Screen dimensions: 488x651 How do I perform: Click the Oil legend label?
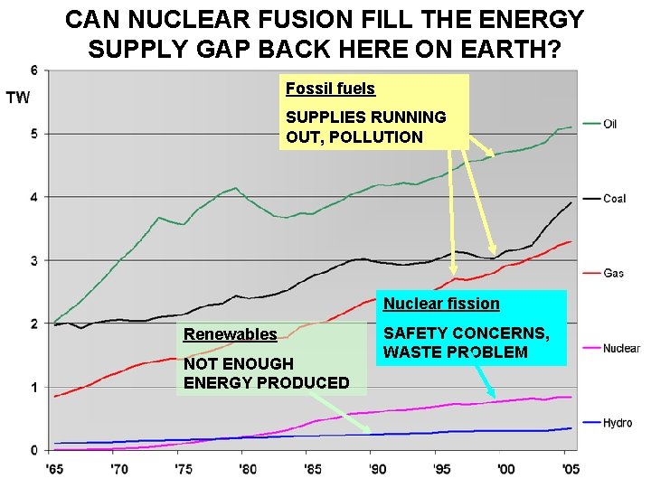(612, 124)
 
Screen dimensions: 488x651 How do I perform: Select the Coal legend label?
(615, 199)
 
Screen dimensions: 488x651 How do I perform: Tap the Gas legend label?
(613, 273)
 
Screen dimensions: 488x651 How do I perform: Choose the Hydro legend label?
(618, 423)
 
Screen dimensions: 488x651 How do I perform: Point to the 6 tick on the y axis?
(33, 70)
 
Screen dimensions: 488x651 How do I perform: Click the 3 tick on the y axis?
(33, 261)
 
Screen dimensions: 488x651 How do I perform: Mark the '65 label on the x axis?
(54, 468)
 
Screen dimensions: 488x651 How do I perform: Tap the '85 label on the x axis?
(311, 468)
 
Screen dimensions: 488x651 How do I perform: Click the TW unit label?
(18, 98)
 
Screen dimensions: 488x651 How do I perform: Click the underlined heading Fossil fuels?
(330, 89)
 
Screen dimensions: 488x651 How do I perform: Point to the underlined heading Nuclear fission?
(441, 305)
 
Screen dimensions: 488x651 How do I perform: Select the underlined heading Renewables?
(230, 334)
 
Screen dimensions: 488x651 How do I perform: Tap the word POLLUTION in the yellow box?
(377, 137)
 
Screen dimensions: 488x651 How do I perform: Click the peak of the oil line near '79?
(236, 188)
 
